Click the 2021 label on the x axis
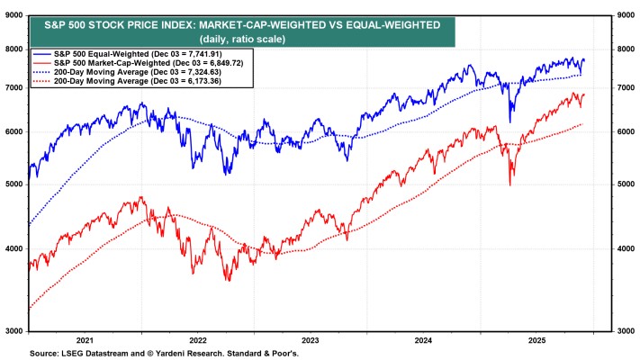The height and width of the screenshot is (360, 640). coord(85,340)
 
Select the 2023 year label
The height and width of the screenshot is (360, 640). coord(310,340)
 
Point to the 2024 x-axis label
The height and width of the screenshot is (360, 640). coord(422,340)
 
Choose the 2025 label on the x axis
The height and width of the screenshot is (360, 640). coord(535,340)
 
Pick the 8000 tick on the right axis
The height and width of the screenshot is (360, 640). coord(623,49)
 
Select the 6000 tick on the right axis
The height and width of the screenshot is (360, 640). coord(623,131)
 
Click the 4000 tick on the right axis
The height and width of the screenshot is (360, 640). coord(623,248)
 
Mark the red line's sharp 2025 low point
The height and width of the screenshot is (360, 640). coord(511,184)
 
